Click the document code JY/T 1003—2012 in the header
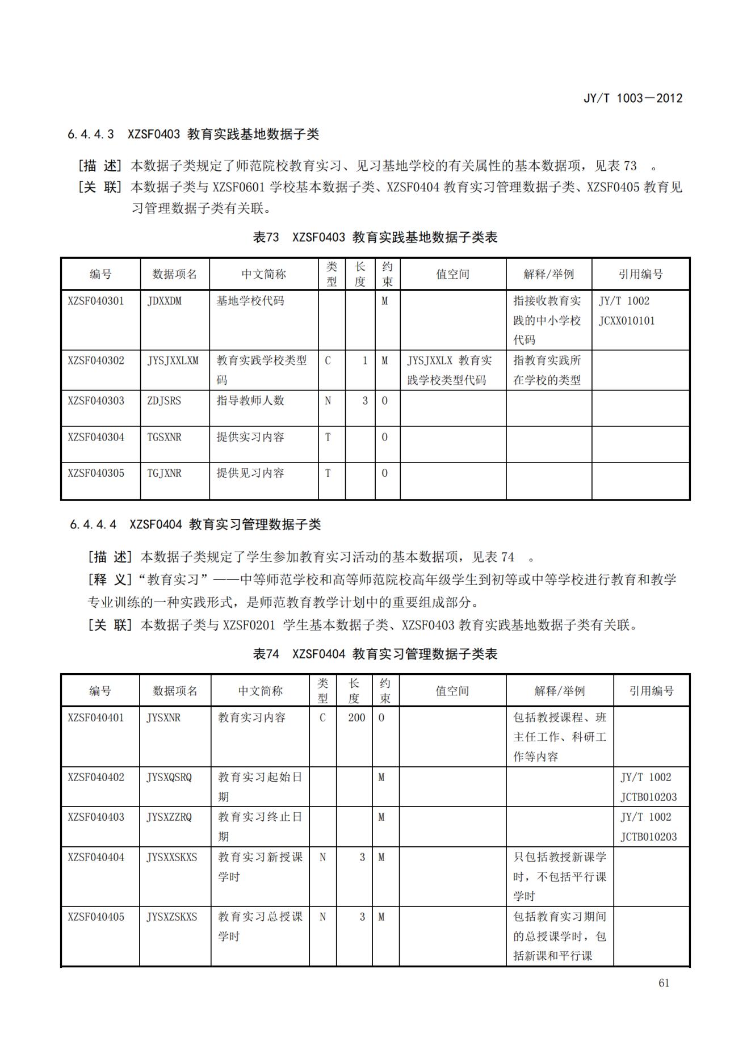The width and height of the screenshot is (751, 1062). (x=632, y=98)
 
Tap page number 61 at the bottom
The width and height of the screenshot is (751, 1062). (x=664, y=983)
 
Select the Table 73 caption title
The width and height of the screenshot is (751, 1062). (x=375, y=237)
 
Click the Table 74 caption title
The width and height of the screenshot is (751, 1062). (x=375, y=654)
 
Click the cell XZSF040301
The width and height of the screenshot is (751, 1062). (x=95, y=301)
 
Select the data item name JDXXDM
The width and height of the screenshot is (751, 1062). (x=165, y=301)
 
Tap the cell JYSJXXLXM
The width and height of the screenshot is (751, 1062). (x=173, y=360)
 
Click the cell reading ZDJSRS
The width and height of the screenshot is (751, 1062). (x=164, y=401)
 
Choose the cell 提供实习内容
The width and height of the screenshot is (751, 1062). (x=250, y=437)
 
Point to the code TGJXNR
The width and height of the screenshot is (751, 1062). (x=164, y=473)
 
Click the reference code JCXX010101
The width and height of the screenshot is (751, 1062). (x=627, y=321)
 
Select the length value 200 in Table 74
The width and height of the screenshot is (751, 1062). (x=356, y=717)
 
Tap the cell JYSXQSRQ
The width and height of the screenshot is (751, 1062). (x=169, y=777)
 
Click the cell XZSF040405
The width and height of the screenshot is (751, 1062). (x=95, y=917)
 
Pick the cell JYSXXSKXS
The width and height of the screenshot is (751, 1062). (x=172, y=857)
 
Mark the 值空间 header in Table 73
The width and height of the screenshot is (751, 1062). (x=452, y=274)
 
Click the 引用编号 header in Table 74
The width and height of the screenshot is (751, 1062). (x=651, y=691)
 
